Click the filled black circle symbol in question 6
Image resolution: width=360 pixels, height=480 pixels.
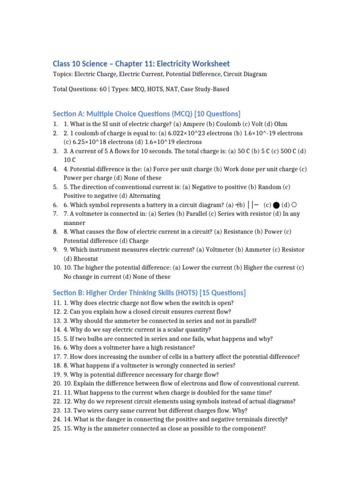point(276,205)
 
